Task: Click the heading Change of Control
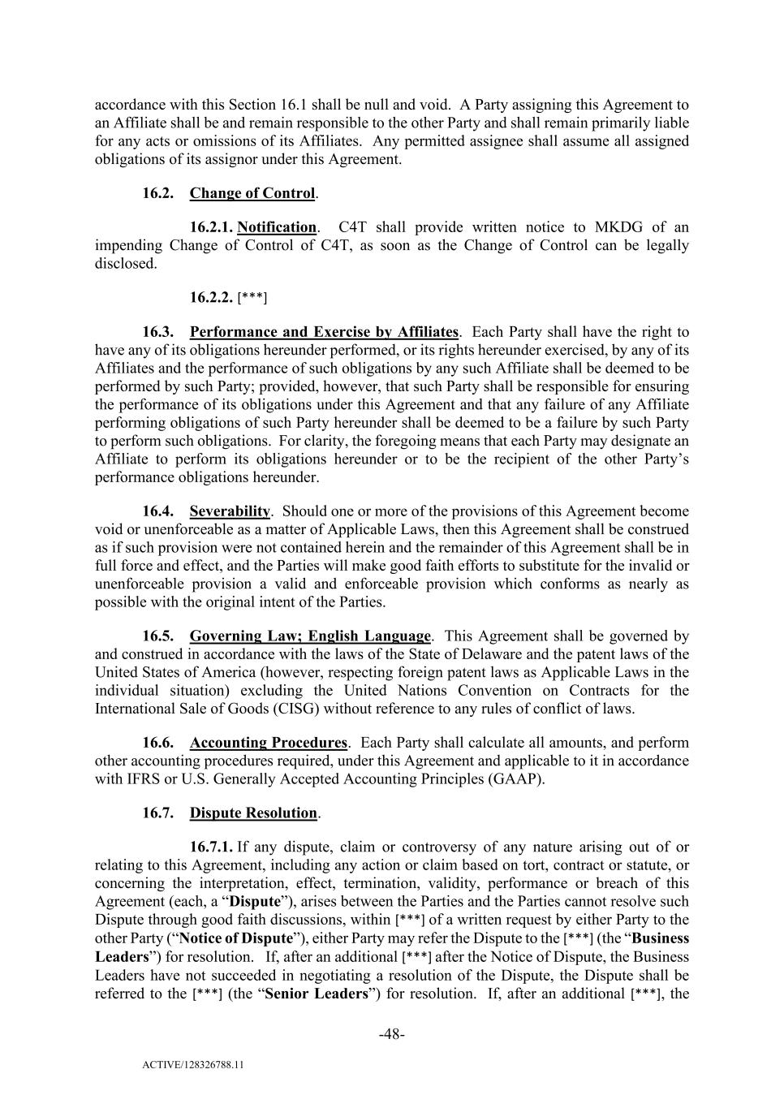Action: (252, 193)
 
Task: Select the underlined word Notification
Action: (276, 227)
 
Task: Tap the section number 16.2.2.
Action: (212, 297)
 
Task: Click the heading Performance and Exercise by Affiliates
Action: (324, 332)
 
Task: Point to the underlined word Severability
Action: (230, 511)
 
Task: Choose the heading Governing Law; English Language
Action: (310, 636)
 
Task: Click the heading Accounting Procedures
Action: (268, 743)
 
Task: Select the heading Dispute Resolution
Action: (253, 813)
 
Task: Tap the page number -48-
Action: (392, 1034)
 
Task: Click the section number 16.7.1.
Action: (212, 847)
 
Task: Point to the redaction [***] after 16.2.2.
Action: (252, 298)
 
